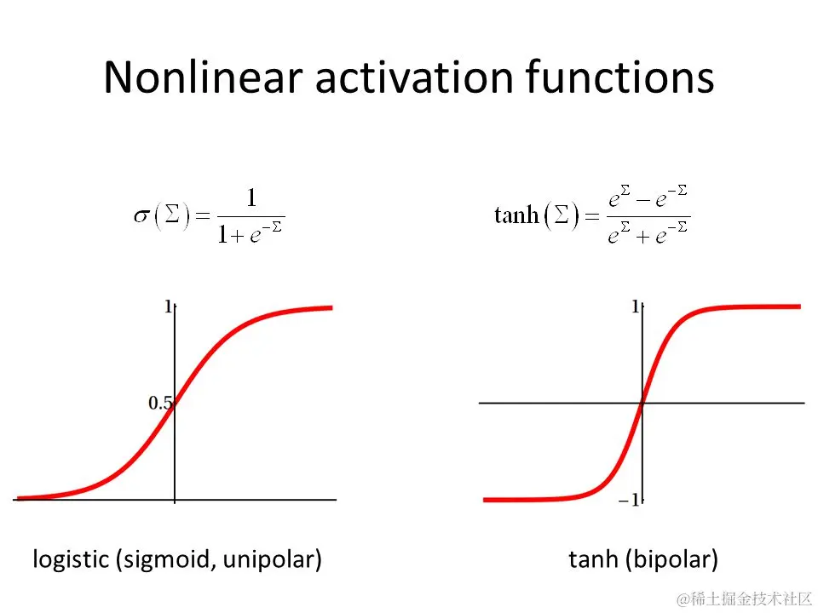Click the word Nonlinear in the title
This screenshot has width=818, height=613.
(203, 77)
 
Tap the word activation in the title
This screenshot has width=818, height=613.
(415, 77)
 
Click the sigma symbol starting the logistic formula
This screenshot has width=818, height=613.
(141, 215)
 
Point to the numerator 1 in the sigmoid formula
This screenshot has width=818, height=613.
(251, 198)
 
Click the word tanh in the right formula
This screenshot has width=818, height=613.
(516, 215)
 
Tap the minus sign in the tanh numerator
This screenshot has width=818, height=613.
(642, 200)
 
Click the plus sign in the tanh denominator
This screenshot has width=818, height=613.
(642, 238)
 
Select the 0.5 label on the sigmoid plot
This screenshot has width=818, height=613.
(160, 403)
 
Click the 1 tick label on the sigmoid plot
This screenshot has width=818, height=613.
(168, 306)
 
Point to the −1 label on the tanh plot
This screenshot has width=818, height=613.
(629, 501)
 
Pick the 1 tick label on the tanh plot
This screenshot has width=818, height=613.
(635, 306)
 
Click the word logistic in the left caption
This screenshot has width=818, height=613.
(71, 560)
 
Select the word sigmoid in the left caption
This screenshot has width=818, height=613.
(168, 560)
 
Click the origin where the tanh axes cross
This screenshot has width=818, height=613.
(642, 403)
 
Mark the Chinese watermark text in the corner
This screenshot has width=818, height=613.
(744, 599)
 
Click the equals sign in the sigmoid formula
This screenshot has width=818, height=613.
(203, 215)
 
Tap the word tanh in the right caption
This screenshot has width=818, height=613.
(593, 559)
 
